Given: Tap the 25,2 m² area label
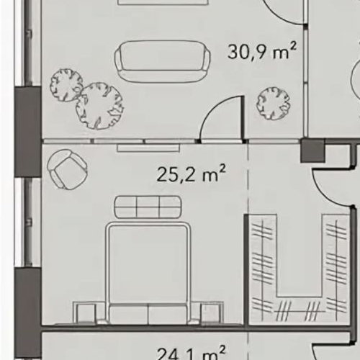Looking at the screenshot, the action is tap(192, 174).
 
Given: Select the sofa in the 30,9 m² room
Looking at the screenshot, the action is tap(162, 62).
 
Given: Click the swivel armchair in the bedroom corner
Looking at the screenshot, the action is tap(67, 169).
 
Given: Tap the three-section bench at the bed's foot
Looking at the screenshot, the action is tap(148, 207).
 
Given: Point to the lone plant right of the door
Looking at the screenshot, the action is tap(273, 103).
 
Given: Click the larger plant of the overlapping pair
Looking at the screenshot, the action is tap(99, 106).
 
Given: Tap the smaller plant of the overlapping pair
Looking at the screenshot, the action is tap(66, 85).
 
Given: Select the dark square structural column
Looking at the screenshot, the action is tap(312, 150).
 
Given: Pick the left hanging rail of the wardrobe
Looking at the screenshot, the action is tap(263, 266).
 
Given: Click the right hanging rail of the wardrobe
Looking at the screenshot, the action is tap(336, 266).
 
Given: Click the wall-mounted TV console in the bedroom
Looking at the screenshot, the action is tap(148, 148).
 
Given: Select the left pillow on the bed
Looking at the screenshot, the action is tap(128, 313).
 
